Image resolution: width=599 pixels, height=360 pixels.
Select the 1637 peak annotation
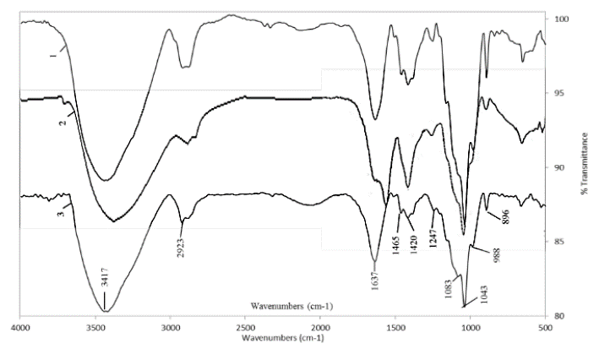[375, 283]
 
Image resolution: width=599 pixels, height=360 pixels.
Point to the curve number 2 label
[61, 123]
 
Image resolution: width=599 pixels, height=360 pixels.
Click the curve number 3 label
[59, 215]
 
